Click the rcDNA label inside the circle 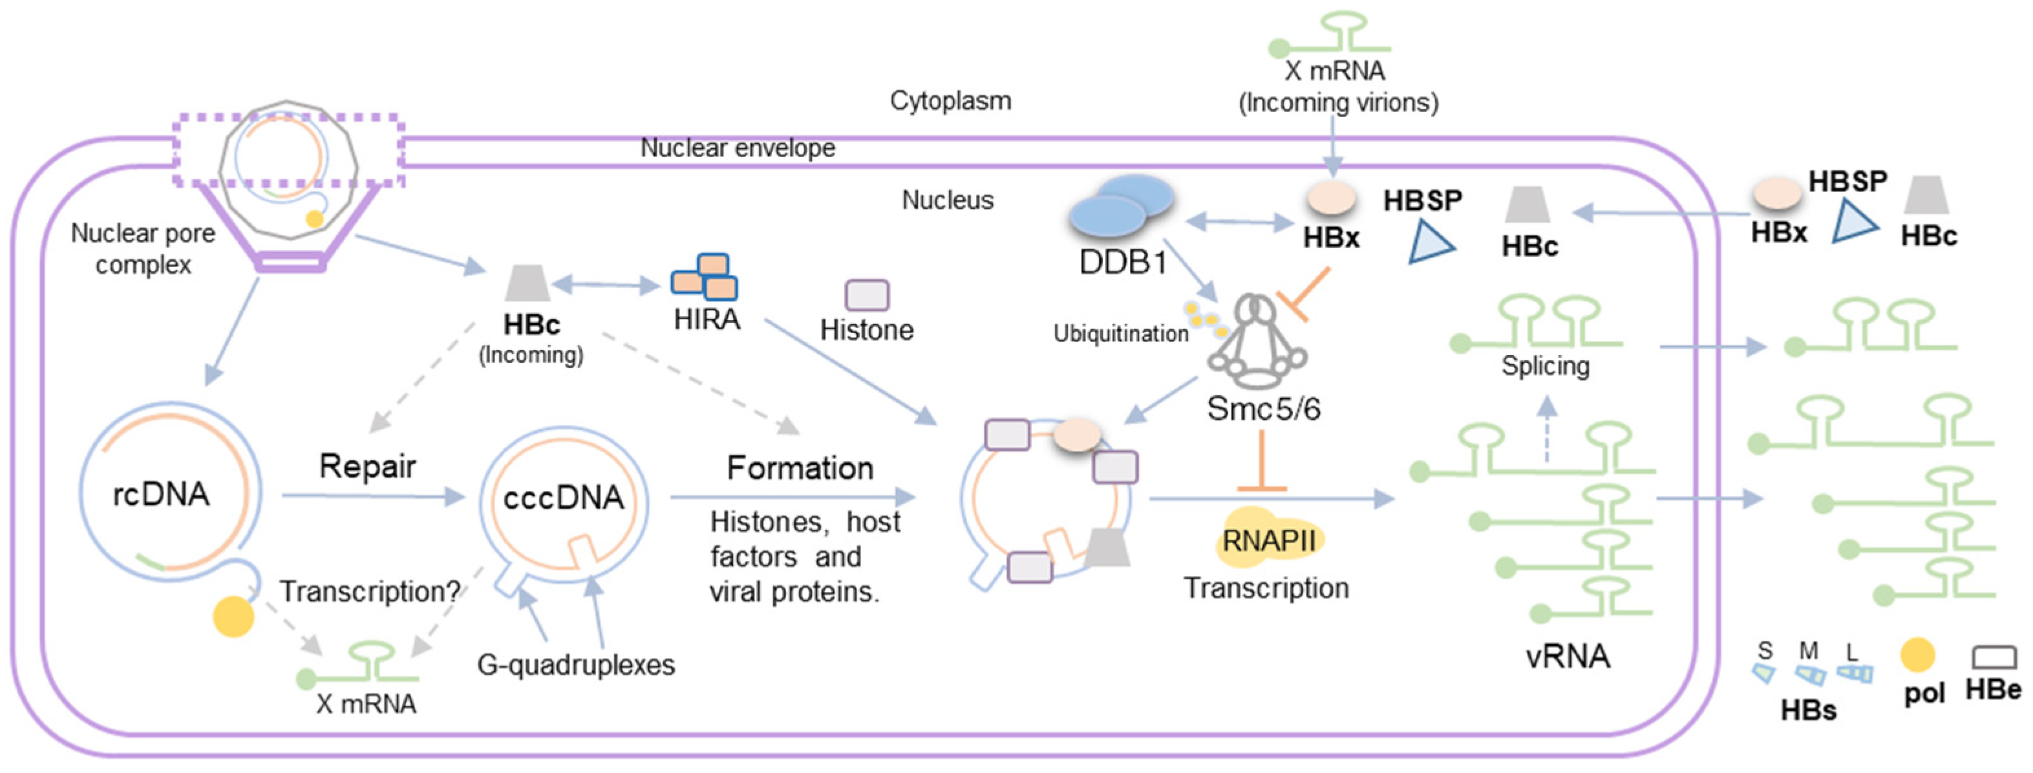coord(161,495)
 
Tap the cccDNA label coord(564,498)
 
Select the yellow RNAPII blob coord(1268,540)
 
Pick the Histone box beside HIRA coord(867,296)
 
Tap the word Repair coord(367,466)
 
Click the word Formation coord(800,468)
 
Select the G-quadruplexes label coord(576,665)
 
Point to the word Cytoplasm coord(950,101)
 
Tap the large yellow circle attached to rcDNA coord(233,616)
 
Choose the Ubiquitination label coord(1121,334)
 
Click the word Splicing coord(1544,366)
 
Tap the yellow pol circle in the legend coord(1917,655)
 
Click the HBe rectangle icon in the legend coord(1994,658)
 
